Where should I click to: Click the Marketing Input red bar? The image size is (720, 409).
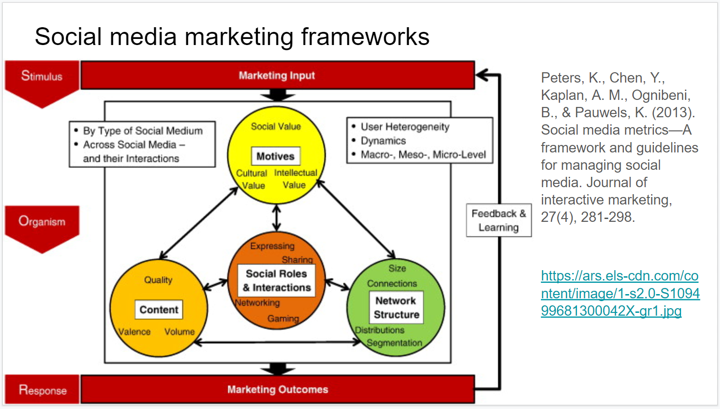(277, 75)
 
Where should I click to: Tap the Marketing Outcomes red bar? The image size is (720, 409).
(277, 389)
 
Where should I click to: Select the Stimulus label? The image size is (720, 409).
(42, 76)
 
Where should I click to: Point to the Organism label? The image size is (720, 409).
(42, 221)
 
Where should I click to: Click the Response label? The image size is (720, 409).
(42, 390)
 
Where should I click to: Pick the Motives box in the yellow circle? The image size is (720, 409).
(276, 156)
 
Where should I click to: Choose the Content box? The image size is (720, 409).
(159, 310)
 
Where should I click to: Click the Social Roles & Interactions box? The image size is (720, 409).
(277, 280)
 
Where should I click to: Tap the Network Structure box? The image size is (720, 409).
(396, 308)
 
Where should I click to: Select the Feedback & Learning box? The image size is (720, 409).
(499, 220)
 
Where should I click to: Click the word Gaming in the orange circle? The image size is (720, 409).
(283, 318)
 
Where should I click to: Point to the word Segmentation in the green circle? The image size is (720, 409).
(394, 343)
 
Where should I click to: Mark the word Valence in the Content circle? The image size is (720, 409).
(135, 332)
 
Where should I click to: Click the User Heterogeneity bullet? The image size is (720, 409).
(405, 127)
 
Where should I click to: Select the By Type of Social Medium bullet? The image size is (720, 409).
(143, 131)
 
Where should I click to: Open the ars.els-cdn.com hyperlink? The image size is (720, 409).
(620, 293)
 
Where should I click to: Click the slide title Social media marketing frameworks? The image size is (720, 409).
(232, 37)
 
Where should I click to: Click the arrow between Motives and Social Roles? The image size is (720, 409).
(277, 218)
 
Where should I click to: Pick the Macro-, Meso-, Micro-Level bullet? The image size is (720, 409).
(423, 155)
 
